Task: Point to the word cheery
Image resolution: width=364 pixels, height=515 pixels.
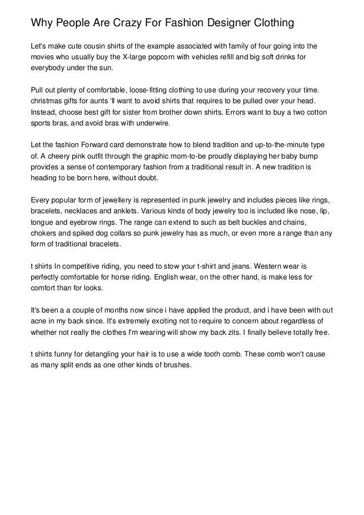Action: pos(60,156)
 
